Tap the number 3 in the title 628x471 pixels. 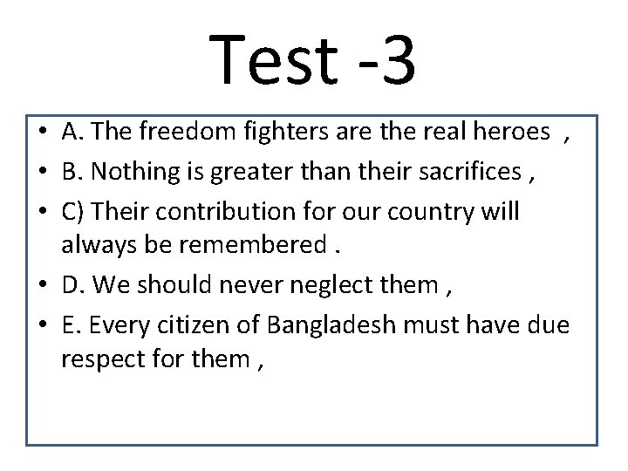point(398,60)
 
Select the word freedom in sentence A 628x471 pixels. point(181,132)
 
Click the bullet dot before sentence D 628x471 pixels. point(41,286)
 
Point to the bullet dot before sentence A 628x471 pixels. point(41,133)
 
